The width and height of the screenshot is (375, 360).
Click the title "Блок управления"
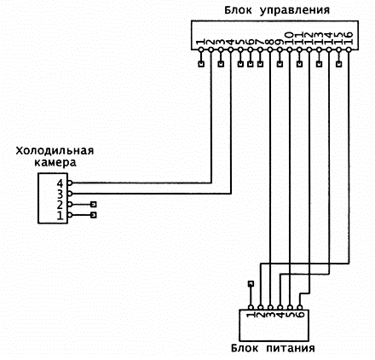point(277,10)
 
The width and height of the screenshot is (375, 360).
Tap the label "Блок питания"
point(273,348)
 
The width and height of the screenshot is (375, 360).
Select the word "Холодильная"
point(55,150)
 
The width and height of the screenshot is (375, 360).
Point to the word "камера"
point(55,163)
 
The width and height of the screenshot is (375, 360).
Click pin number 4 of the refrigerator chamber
point(60,183)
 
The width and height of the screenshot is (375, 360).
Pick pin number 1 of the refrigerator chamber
point(61,216)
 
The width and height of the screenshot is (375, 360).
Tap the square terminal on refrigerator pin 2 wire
point(94,205)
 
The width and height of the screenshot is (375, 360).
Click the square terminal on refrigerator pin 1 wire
point(94,215)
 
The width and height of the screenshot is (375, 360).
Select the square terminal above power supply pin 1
point(251,283)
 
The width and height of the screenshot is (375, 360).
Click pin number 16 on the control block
point(349,38)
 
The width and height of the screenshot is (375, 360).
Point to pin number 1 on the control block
point(201,42)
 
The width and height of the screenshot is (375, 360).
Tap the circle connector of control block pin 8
point(270,49)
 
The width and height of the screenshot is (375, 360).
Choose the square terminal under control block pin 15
point(339,64)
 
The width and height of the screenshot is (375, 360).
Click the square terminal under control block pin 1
point(201,64)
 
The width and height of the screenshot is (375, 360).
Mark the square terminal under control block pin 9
point(280,64)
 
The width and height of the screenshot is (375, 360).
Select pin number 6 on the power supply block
point(300,315)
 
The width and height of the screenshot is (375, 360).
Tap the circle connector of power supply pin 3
point(270,307)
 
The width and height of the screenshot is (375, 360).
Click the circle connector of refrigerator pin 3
point(70,194)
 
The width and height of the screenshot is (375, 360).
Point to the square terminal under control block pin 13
point(320,64)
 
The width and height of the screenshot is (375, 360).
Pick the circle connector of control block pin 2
point(211,49)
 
